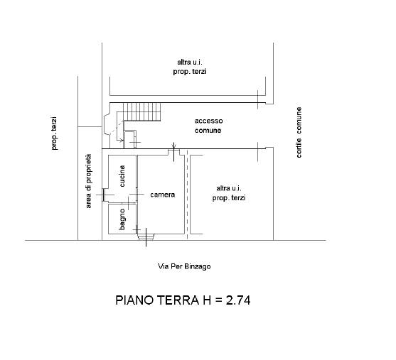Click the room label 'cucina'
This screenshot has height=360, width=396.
(x=122, y=176)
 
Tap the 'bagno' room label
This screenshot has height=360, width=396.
(x=122, y=219)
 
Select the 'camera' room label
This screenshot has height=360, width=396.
(x=162, y=195)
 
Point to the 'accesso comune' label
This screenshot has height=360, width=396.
(x=208, y=126)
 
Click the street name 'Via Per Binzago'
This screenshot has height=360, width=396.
(x=184, y=266)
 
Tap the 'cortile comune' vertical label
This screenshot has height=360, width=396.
(x=299, y=133)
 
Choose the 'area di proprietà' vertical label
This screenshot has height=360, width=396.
(x=89, y=181)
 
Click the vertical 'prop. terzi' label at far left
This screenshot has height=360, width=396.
(x=54, y=133)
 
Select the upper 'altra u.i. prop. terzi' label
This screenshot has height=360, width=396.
(x=189, y=67)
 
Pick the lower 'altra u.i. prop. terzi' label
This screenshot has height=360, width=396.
(x=229, y=193)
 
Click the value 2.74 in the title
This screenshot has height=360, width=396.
(x=238, y=300)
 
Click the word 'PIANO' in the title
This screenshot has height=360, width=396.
(x=134, y=300)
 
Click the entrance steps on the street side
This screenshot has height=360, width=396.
(x=146, y=236)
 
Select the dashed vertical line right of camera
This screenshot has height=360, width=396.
(x=187, y=194)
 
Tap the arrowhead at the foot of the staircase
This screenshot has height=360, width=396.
(x=122, y=140)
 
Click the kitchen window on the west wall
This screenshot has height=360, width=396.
(x=103, y=195)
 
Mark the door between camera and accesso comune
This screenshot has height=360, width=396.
(x=173, y=152)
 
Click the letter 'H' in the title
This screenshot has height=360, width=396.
(x=207, y=300)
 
